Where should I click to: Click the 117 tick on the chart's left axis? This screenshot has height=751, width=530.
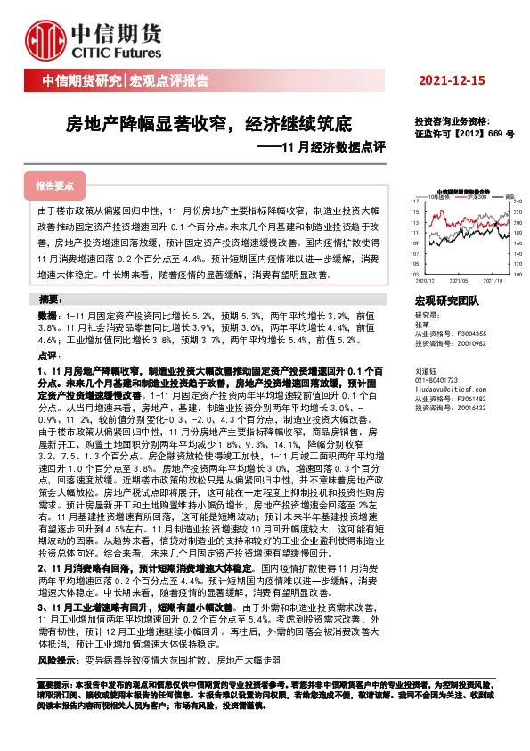(416, 202)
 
